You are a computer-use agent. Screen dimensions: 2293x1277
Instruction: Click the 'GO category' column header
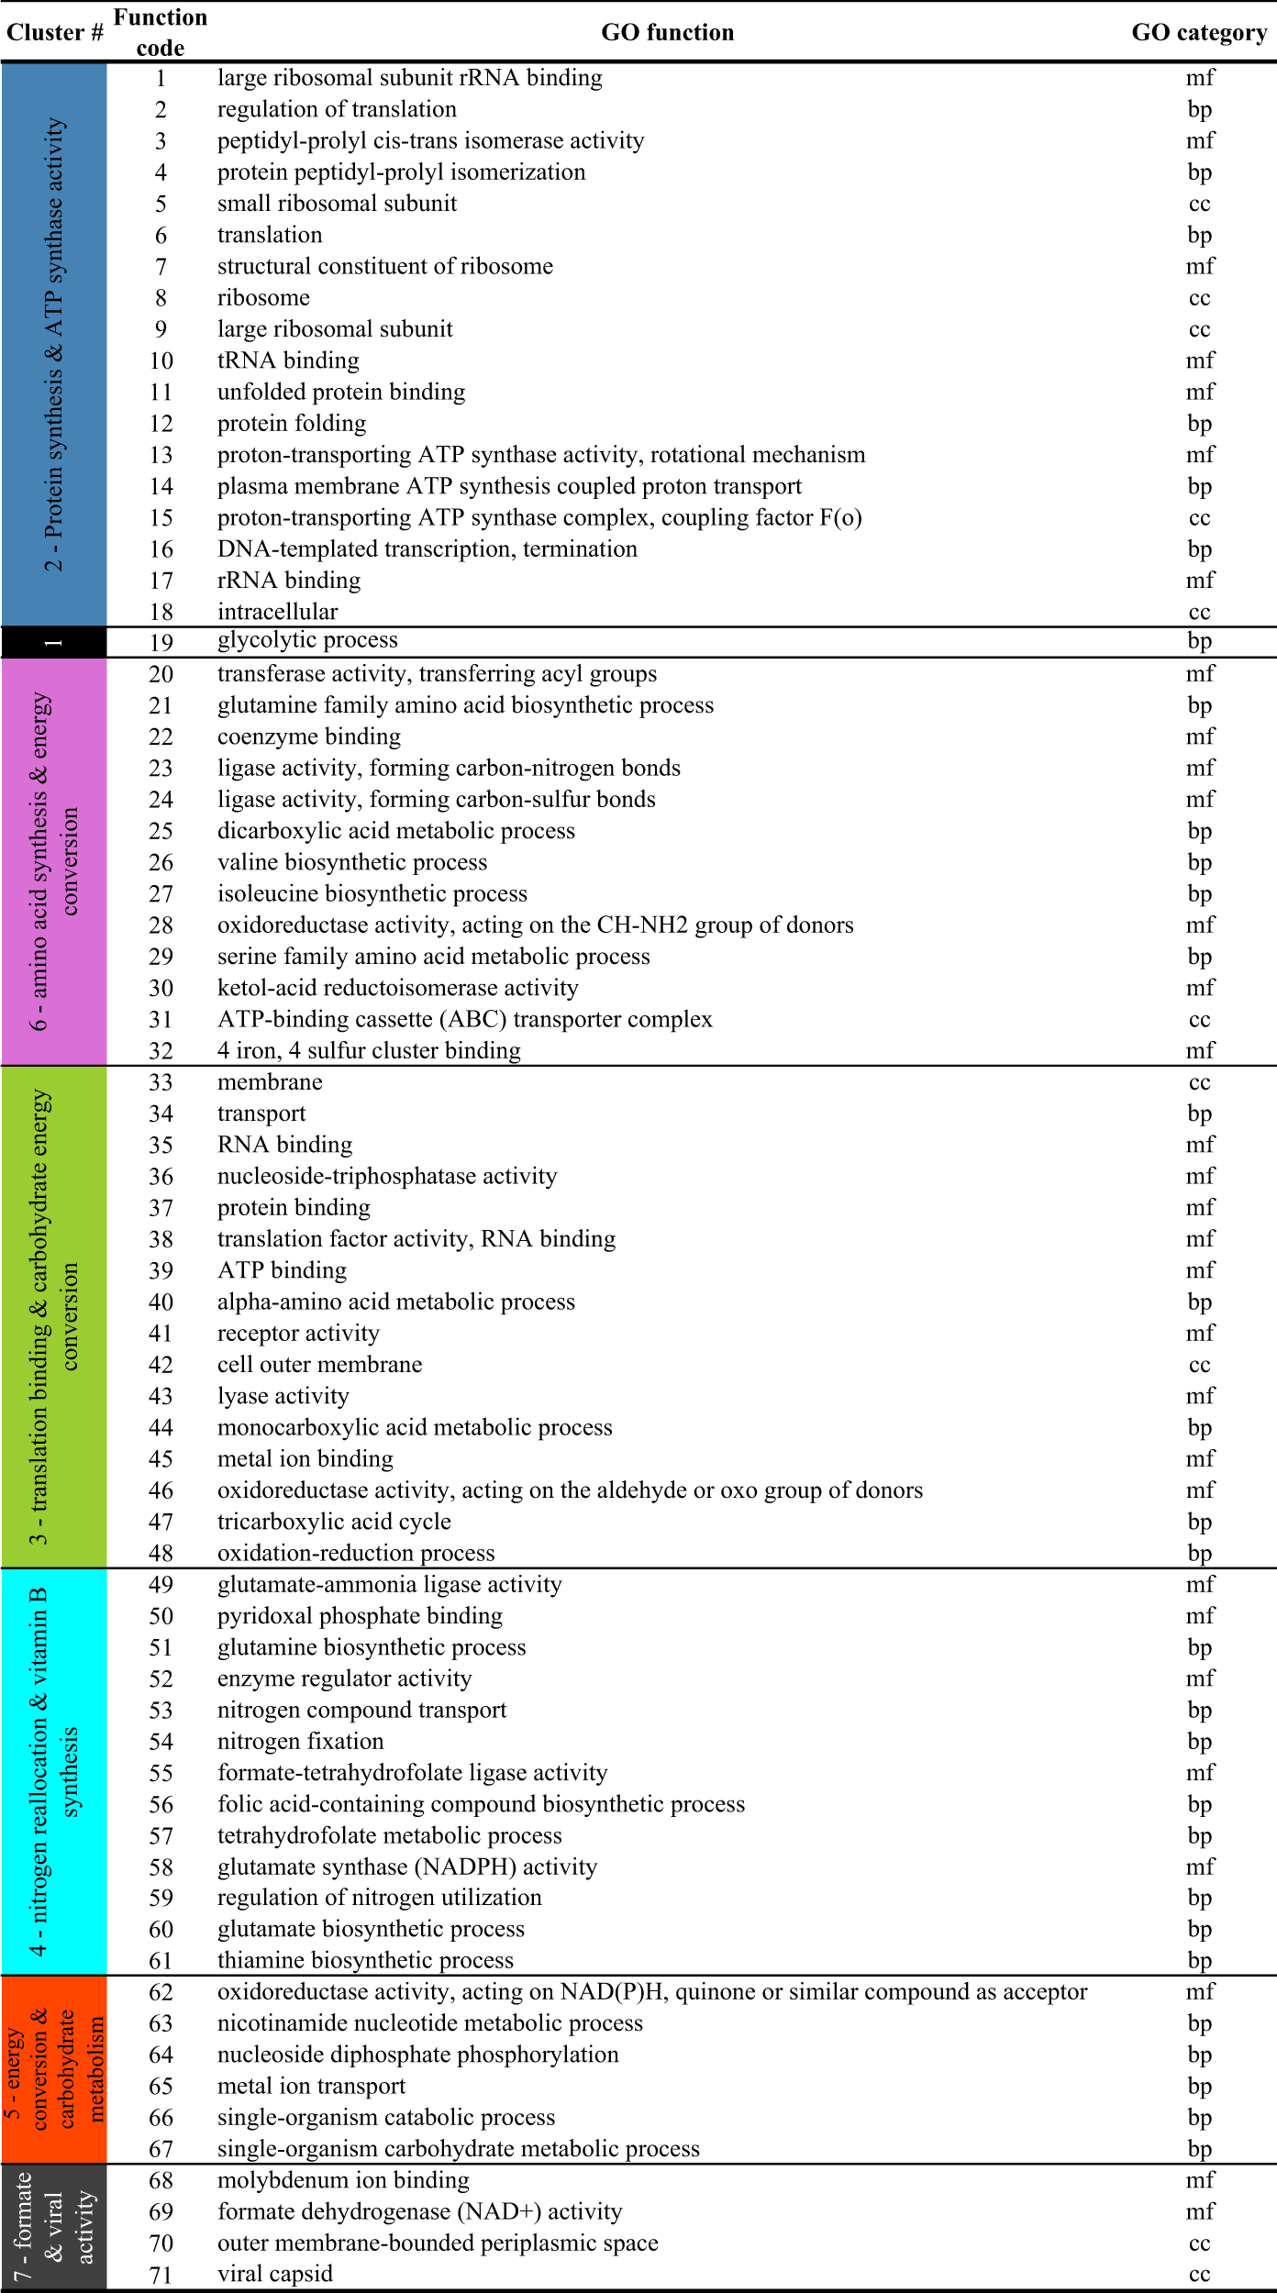click(1199, 33)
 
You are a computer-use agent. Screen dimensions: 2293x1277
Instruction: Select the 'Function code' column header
click(161, 33)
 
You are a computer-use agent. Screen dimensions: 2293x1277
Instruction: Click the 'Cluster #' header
click(54, 33)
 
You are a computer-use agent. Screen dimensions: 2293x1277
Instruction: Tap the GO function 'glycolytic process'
click(307, 640)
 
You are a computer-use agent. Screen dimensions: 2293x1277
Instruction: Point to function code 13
click(161, 455)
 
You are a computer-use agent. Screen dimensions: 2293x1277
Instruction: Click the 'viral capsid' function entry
click(274, 2274)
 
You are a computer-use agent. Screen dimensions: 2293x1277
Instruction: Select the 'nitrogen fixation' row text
click(300, 1741)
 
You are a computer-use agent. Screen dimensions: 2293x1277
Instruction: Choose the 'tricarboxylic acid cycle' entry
click(334, 1522)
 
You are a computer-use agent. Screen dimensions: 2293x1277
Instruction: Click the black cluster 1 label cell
click(54, 642)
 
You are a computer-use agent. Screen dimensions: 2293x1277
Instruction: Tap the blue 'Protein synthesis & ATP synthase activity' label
click(54, 344)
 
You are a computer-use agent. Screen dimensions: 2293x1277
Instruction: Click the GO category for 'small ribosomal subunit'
click(1199, 204)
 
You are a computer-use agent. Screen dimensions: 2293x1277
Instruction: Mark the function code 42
click(161, 1365)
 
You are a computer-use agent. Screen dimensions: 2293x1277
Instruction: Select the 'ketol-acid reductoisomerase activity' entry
click(397, 988)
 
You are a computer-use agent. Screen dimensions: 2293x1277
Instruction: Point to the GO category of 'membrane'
click(1199, 1082)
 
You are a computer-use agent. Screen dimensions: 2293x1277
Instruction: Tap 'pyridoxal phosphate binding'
click(360, 1616)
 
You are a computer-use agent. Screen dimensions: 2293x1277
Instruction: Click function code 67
click(161, 2149)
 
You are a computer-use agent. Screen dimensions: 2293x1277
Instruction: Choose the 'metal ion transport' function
click(311, 2086)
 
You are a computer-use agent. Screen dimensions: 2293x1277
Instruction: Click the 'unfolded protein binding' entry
click(340, 392)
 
